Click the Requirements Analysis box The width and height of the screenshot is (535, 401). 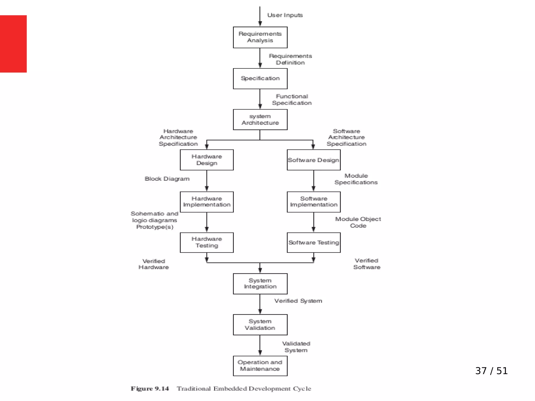click(260, 37)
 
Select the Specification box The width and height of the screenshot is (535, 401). click(260, 79)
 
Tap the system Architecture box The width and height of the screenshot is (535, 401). click(260, 120)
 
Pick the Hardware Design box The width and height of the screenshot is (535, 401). click(207, 160)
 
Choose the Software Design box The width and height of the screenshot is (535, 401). click(313, 160)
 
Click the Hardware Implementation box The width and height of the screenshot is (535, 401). click(207, 202)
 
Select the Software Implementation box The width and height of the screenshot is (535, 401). click(313, 202)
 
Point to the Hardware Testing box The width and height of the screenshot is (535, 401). click(207, 243)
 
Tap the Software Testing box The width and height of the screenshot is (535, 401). click(313, 243)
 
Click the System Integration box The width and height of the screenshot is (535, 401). click(260, 284)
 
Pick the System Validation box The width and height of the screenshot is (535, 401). click(260, 325)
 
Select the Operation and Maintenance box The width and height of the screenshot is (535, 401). click(260, 365)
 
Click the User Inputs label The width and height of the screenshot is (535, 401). click(285, 15)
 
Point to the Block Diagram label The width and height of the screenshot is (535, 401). click(167, 179)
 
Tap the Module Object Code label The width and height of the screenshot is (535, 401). click(358, 222)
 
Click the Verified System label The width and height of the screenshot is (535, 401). click(298, 301)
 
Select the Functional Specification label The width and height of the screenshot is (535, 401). click(292, 100)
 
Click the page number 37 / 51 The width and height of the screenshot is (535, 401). click(491, 371)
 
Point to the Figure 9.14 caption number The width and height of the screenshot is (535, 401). click(150, 389)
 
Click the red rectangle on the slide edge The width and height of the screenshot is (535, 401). click(13, 44)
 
